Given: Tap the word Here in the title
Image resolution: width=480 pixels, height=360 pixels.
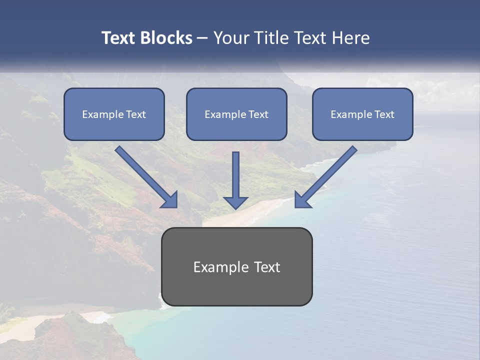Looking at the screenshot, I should (x=350, y=38).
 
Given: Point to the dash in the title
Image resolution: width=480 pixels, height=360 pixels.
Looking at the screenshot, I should (x=203, y=38).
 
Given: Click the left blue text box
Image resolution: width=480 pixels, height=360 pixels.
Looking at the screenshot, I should (x=114, y=114).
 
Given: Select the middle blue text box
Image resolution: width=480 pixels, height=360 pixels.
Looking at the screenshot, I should (x=236, y=114).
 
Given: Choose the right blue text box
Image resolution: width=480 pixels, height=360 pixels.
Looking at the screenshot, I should (x=362, y=114).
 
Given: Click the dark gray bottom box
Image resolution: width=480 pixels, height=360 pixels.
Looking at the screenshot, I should (x=236, y=266).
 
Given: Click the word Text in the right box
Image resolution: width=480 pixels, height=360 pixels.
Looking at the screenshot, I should (x=384, y=114).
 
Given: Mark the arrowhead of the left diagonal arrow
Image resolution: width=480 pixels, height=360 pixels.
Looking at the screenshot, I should (x=170, y=199).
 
